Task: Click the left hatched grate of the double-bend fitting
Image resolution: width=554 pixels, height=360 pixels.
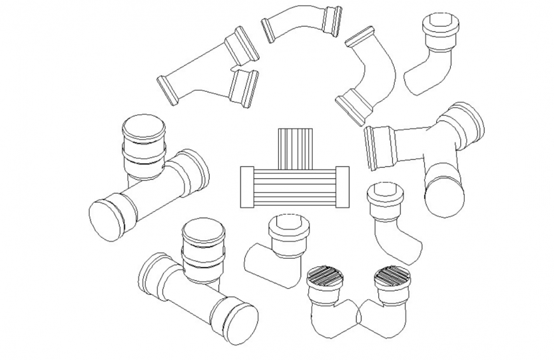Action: pyautogui.click(x=325, y=277)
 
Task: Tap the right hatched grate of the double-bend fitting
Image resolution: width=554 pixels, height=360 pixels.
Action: pyautogui.click(x=392, y=275)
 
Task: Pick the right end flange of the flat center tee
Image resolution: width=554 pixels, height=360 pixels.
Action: pyautogui.click(x=342, y=187)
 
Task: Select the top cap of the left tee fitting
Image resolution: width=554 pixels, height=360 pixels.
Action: pyautogui.click(x=143, y=127)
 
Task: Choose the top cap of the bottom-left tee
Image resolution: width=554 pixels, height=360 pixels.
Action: pyautogui.click(x=203, y=231)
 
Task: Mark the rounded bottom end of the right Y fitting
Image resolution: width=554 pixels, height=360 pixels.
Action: pyautogui.click(x=444, y=196)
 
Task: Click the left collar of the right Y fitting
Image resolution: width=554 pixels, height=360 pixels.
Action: pyautogui.click(x=380, y=147)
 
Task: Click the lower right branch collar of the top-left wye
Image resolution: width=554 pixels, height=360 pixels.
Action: pyautogui.click(x=244, y=87)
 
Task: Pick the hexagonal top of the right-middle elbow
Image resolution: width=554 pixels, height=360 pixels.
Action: pyautogui.click(x=386, y=192)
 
